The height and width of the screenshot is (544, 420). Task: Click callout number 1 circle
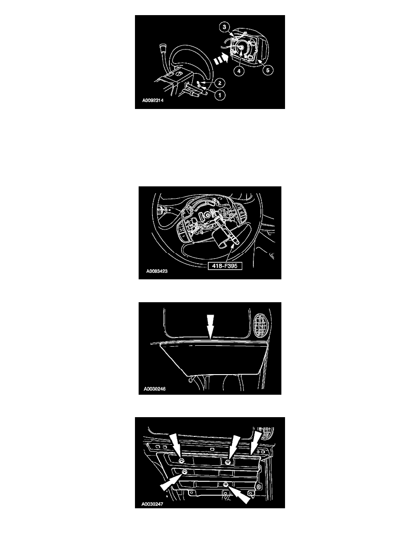tap(219, 95)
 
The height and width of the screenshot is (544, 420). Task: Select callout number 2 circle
tap(219, 83)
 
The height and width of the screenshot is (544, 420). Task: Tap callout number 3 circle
tap(225, 27)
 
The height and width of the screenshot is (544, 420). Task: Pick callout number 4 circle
tap(239, 71)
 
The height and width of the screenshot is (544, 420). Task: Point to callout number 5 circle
tap(268, 70)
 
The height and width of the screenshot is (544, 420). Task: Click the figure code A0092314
tap(153, 101)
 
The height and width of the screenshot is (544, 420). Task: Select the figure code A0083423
tap(156, 271)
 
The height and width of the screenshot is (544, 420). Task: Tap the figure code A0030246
tap(155, 389)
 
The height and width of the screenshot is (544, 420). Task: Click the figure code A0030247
tap(152, 504)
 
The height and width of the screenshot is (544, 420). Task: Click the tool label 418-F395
tap(225, 266)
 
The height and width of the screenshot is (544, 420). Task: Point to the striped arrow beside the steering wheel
tap(221, 59)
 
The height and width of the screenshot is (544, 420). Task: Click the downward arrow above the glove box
tap(210, 326)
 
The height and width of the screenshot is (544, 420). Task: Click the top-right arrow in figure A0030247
tap(256, 443)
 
